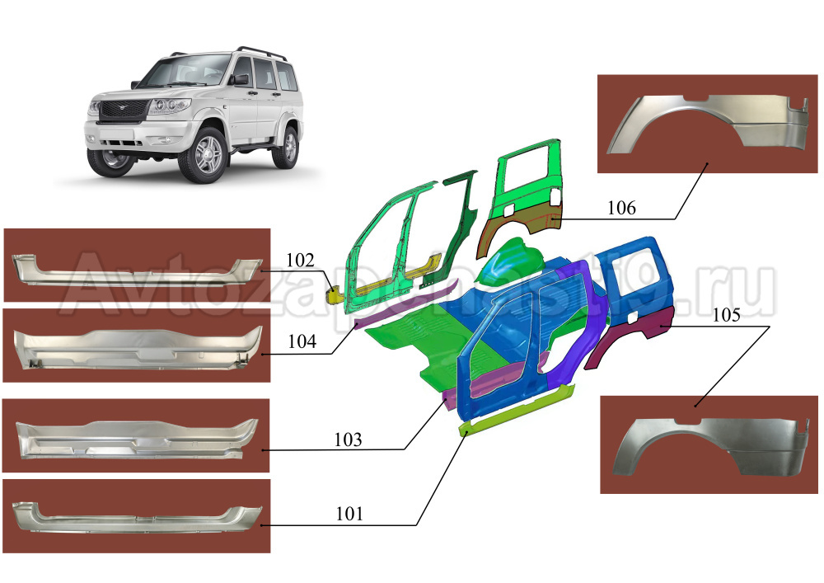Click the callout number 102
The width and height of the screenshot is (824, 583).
(300, 260)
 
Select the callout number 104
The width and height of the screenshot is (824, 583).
(302, 341)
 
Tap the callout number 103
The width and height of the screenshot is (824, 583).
(348, 440)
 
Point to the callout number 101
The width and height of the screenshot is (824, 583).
(349, 514)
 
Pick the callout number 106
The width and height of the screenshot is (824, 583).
(621, 208)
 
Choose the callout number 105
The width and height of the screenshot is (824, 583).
(727, 315)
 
